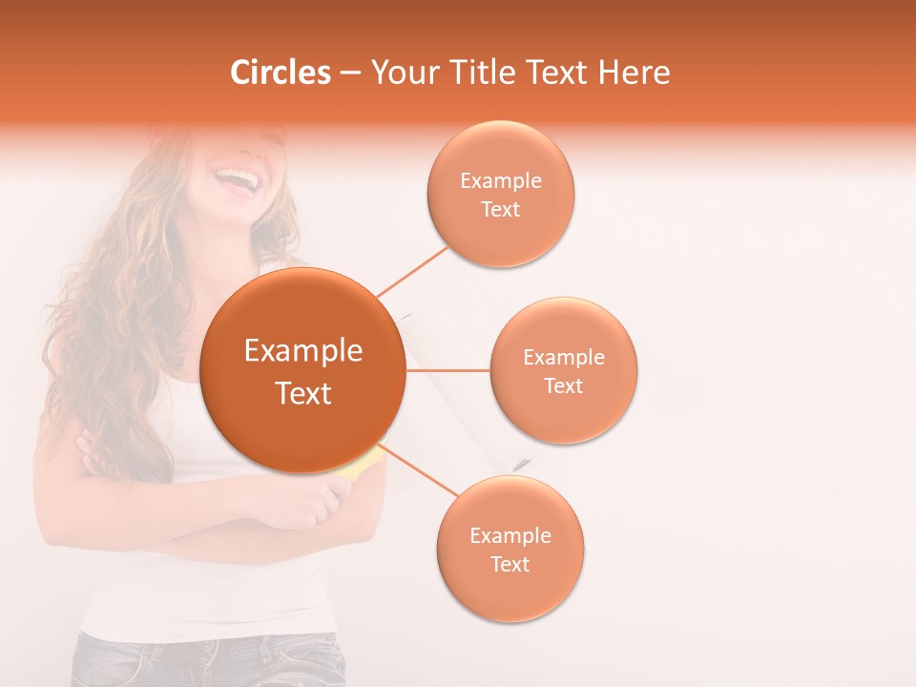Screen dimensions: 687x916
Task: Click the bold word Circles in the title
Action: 281,73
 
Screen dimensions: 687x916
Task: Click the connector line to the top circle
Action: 413,270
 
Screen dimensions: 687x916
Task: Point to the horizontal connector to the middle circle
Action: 448,370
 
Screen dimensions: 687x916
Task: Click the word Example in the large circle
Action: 302,351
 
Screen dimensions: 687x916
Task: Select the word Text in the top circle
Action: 501,209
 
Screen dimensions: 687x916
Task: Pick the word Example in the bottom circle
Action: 510,535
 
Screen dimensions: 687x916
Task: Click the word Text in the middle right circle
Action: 564,385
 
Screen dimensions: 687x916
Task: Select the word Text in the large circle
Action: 302,393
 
